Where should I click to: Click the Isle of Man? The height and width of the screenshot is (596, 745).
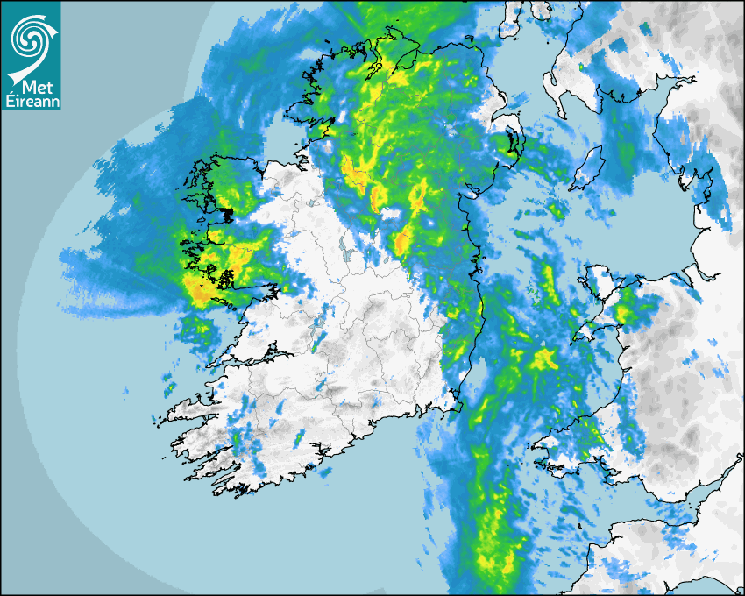pyautogui.click(x=590, y=167)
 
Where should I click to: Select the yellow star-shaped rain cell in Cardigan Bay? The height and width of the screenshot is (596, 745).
pyautogui.click(x=543, y=358)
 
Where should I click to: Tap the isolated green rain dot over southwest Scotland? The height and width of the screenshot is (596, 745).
pyautogui.click(x=580, y=66)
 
